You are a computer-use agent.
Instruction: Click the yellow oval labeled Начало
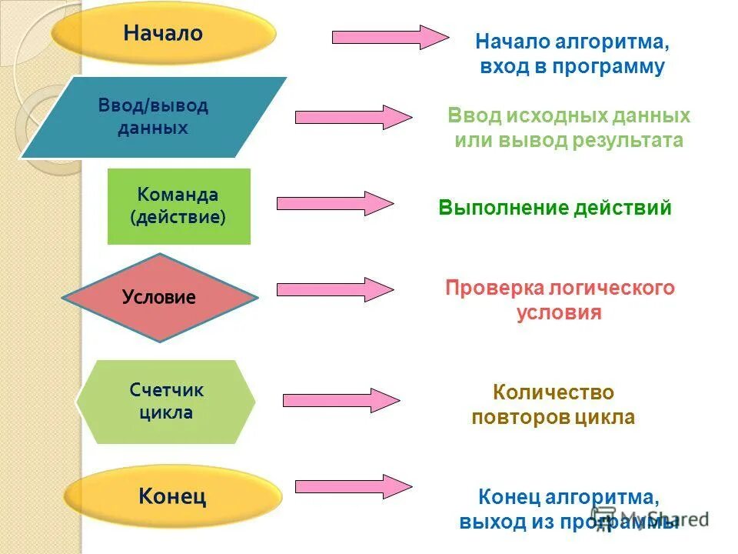pyautogui.click(x=163, y=34)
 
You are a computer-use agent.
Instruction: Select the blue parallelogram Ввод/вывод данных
pyautogui.click(x=153, y=117)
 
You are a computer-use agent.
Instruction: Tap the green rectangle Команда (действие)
pyautogui.click(x=178, y=206)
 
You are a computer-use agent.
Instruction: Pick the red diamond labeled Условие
pyautogui.click(x=159, y=298)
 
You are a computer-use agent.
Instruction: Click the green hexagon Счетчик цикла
pyautogui.click(x=166, y=401)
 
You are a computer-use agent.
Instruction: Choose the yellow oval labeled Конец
pyautogui.click(x=172, y=496)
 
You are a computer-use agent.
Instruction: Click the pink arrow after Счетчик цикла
pyautogui.click(x=341, y=400)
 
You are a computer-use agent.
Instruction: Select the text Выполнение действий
pyautogui.click(x=555, y=208)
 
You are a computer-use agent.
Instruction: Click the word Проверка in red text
pyautogui.click(x=493, y=289)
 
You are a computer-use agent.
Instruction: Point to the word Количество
pyautogui.click(x=553, y=392)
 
